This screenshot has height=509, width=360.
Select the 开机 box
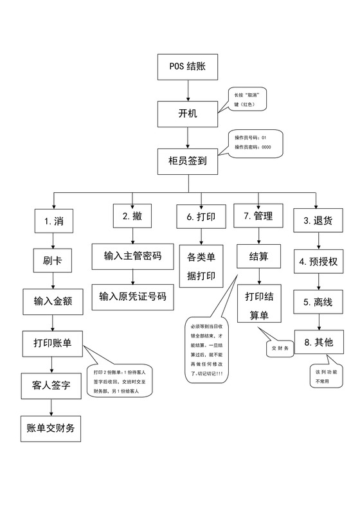click(x=187, y=114)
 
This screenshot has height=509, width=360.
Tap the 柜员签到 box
click(x=187, y=162)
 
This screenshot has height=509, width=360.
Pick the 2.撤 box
click(x=132, y=217)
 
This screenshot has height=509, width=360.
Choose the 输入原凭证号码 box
click(x=132, y=296)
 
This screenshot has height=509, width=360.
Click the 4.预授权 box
click(x=319, y=262)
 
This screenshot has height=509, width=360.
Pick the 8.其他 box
click(x=319, y=342)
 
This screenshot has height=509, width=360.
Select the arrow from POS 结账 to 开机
click(x=187, y=90)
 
